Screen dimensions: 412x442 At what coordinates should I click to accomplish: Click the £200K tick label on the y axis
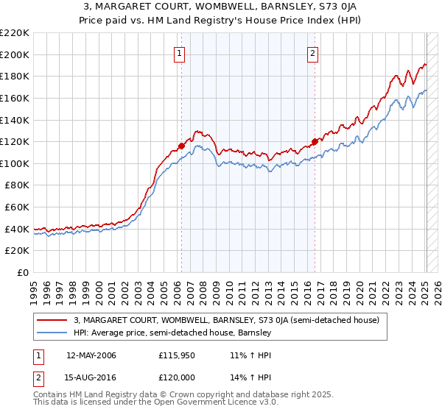(15, 54)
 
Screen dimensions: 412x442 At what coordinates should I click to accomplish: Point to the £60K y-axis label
(17, 207)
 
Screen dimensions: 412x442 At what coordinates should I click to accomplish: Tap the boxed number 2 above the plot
(313, 52)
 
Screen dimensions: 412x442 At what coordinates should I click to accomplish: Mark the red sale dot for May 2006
(181, 146)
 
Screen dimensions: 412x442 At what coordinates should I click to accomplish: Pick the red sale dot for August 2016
(315, 141)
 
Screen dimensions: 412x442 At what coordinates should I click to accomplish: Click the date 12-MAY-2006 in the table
(91, 355)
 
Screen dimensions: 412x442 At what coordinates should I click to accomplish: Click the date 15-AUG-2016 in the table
(91, 377)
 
